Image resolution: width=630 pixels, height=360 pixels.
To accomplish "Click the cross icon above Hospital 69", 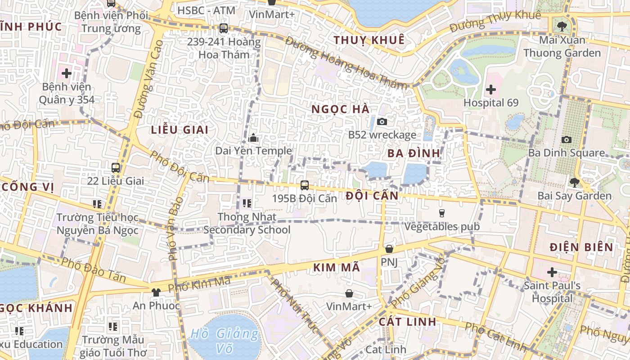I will point(491,90).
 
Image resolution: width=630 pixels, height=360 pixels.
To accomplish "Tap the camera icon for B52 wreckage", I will point(382,121).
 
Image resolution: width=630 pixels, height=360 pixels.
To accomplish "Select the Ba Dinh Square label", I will point(567,153).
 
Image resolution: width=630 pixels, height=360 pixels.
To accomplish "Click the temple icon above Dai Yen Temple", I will point(253,138).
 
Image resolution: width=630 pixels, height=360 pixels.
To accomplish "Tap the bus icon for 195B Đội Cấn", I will point(305,185).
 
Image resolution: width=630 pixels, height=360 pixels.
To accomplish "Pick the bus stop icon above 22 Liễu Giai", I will point(116,168).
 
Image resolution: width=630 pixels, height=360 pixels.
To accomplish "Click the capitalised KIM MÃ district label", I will point(337,267).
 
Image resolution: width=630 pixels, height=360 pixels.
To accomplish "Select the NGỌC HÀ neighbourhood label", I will point(341,109).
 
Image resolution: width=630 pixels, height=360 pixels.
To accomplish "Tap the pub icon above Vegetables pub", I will point(441,213).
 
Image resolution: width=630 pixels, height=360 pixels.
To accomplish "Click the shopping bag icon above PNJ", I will point(389,249).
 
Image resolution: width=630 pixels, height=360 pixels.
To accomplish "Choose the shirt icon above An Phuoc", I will point(156,292).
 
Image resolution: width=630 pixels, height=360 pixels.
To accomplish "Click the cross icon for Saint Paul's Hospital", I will point(552,272).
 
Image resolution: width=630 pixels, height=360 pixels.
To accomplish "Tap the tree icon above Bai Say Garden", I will point(574,182).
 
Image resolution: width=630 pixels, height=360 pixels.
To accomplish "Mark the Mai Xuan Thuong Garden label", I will point(562,46).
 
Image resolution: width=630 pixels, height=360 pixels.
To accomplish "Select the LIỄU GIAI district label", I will point(180,130).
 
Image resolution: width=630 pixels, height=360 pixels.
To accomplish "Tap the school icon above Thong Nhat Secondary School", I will point(247,203).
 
